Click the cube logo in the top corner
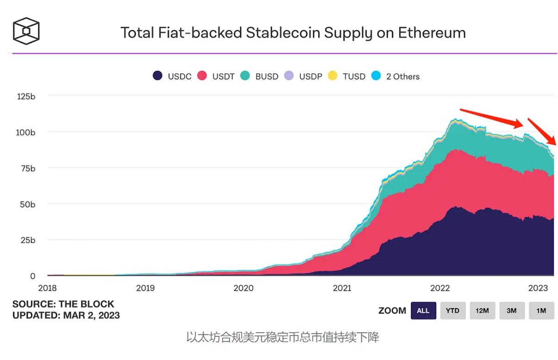[26, 31]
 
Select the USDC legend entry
[172, 76]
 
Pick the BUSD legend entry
[260, 76]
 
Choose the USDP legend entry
[304, 76]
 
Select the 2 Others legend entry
[396, 76]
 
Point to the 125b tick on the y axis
[26, 96]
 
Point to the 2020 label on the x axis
[243, 288]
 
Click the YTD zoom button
[453, 310]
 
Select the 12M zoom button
[482, 310]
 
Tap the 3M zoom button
[511, 310]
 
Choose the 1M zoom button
[541, 310]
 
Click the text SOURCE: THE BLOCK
[63, 304]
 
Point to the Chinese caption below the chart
[283, 337]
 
